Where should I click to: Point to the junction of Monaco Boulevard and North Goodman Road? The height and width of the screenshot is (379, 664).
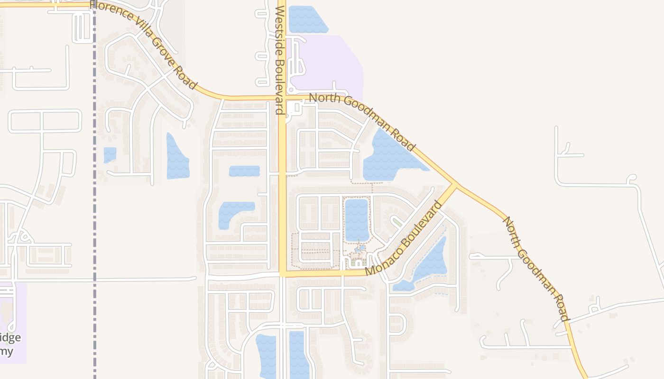456,185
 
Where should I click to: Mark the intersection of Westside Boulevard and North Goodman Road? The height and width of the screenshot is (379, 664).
282,98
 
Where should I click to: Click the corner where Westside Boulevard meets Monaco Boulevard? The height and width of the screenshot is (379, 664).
283,274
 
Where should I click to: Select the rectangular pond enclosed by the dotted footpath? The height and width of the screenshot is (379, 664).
357,219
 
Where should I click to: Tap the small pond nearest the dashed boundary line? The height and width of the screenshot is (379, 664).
110,154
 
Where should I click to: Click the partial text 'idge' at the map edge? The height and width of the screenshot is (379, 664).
10,337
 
